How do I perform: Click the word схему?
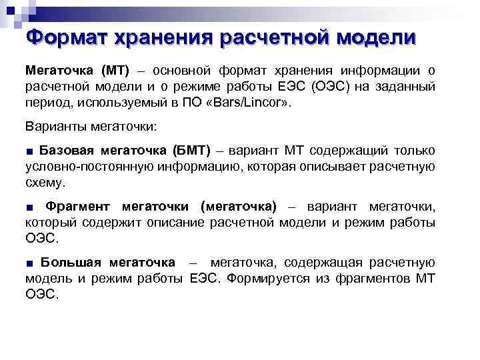tap(45, 182)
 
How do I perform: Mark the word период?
tap(48, 104)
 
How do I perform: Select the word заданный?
tap(411, 87)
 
